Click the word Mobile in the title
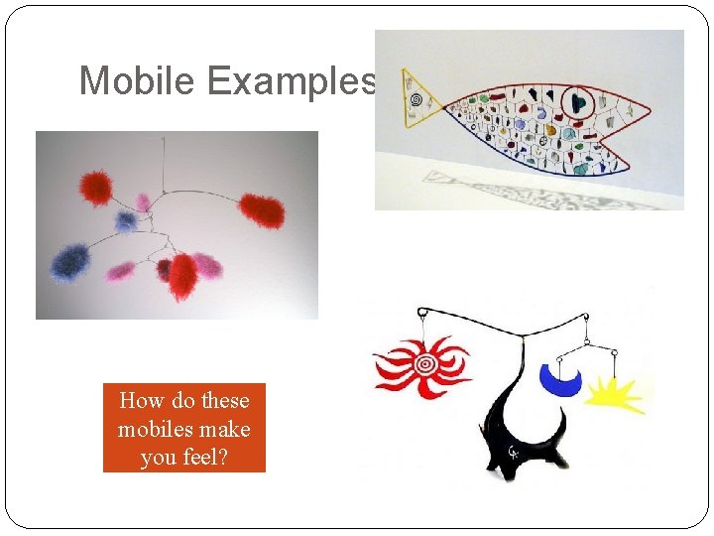138,80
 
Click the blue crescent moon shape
559,378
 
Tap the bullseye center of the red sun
425,364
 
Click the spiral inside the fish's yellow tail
421,99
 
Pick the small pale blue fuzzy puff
126,221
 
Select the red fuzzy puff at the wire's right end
262,209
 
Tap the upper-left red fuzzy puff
96,188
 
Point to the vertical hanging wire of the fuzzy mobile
165,163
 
